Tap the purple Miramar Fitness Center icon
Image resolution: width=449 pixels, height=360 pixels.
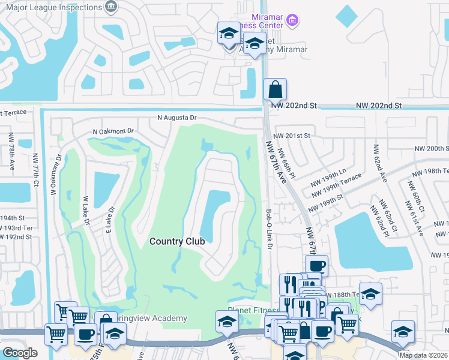[x=292, y=21]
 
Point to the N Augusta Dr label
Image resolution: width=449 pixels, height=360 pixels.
[x=177, y=118]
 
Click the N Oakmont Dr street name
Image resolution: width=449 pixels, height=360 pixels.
[x=112, y=130]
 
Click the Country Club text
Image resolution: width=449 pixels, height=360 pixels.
[x=177, y=241]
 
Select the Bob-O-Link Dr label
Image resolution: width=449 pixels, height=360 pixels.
[x=269, y=229]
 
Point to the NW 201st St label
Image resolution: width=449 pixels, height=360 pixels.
[x=291, y=136]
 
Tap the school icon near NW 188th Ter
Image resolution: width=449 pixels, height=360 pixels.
[x=370, y=293]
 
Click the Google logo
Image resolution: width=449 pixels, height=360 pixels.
[x=20, y=353]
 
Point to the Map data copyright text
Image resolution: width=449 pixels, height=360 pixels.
[x=423, y=355]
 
